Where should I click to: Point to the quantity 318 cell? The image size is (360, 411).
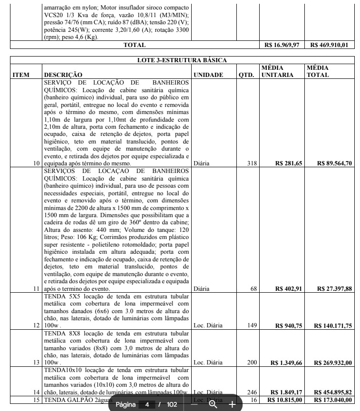252,163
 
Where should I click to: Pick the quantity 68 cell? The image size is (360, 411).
253,288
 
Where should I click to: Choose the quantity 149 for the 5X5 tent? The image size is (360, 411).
252,326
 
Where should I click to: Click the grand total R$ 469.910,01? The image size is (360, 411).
330,45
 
